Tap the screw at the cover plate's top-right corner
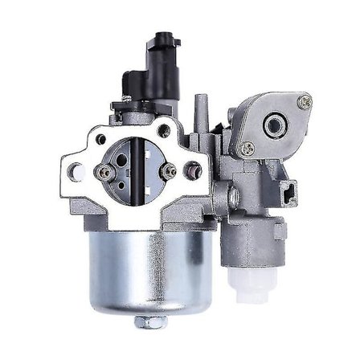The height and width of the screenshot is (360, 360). pos(305,102)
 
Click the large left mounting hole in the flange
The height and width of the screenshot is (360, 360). pos(77,170)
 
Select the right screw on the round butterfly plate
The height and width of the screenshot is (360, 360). pos(169,170)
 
